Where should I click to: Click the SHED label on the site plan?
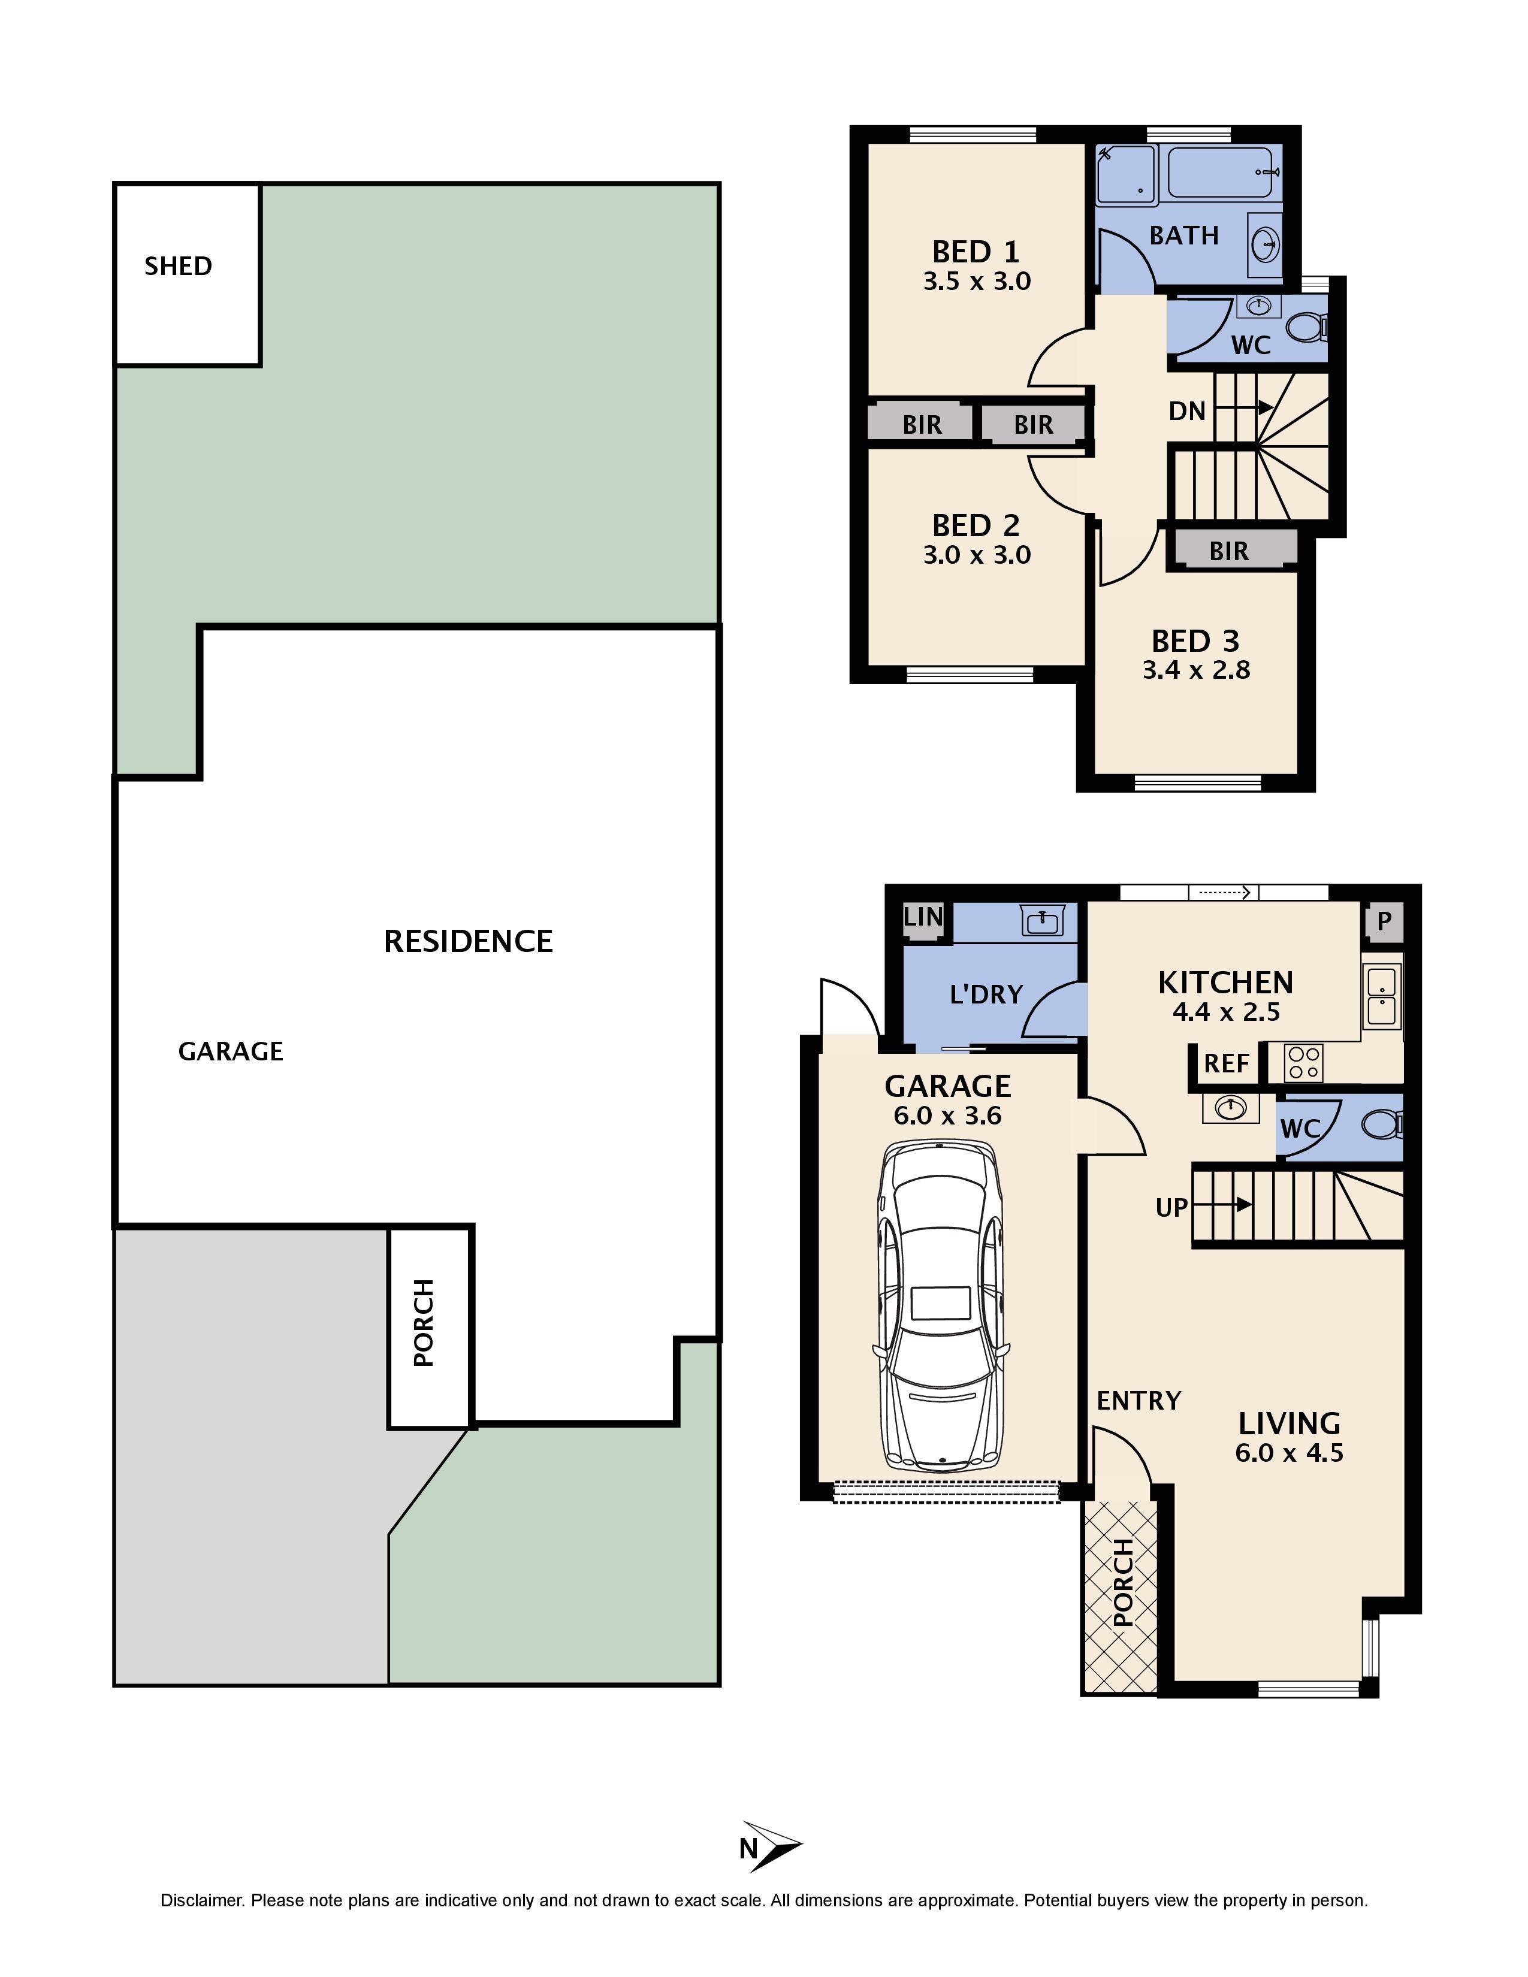pos(179,266)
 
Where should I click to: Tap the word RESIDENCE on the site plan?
pos(468,941)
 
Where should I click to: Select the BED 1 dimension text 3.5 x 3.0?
pos(977,282)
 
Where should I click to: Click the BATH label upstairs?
pos(1184,235)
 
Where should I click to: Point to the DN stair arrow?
pos(1244,408)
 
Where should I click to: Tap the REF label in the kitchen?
pos(1227,1063)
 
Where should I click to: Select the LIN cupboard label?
pos(923,917)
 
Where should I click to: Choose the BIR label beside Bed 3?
pos(1228,551)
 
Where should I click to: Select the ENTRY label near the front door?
pos(1139,1401)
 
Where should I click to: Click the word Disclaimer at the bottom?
pos(202,1901)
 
